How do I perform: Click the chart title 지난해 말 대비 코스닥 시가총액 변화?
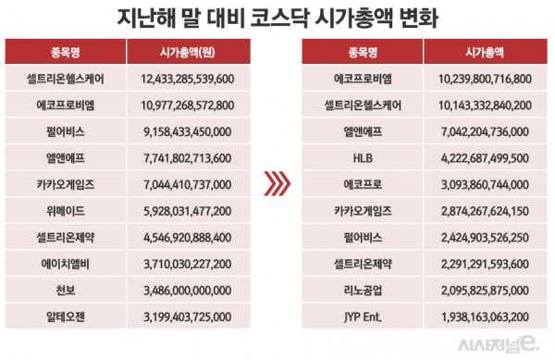tap(277, 18)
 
